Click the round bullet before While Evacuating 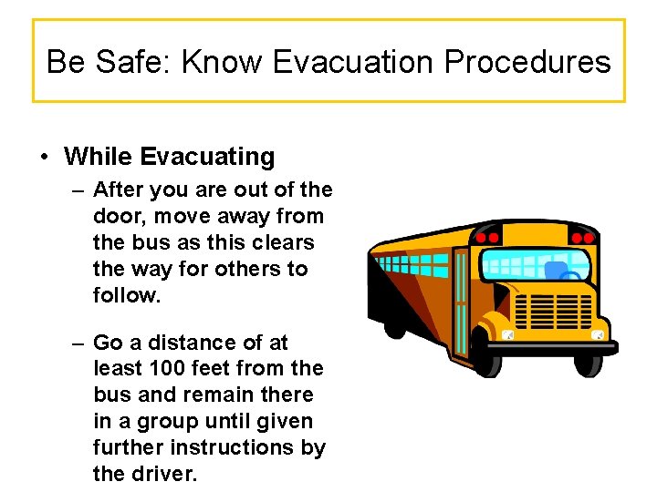[44, 158]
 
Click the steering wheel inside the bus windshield [571, 278]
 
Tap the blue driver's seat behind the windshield [555, 271]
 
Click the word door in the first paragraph [117, 217]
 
